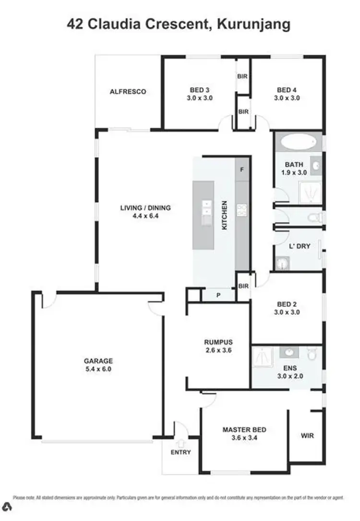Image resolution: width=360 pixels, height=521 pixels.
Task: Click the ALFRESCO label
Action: pos(128,92)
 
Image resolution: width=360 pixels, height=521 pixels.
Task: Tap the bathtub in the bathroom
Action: pos(298,142)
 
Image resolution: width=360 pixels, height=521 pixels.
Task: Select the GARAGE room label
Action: pos(99,361)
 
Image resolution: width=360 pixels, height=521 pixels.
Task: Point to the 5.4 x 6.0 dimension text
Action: pos(99,369)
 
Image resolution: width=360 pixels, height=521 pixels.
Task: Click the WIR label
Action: pos(307,436)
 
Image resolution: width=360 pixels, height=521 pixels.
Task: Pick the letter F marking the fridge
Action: pos(242,169)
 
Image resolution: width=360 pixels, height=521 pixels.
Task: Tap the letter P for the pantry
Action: pos(218,295)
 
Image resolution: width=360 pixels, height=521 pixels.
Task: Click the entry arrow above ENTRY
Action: pos(181,443)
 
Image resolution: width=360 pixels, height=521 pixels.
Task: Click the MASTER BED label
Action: pos(244,429)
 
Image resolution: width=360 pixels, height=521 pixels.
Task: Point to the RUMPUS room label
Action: pos(218,342)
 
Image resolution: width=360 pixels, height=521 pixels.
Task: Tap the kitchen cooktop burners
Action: pos(242,209)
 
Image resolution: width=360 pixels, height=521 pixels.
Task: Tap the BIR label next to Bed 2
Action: pos(243,286)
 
